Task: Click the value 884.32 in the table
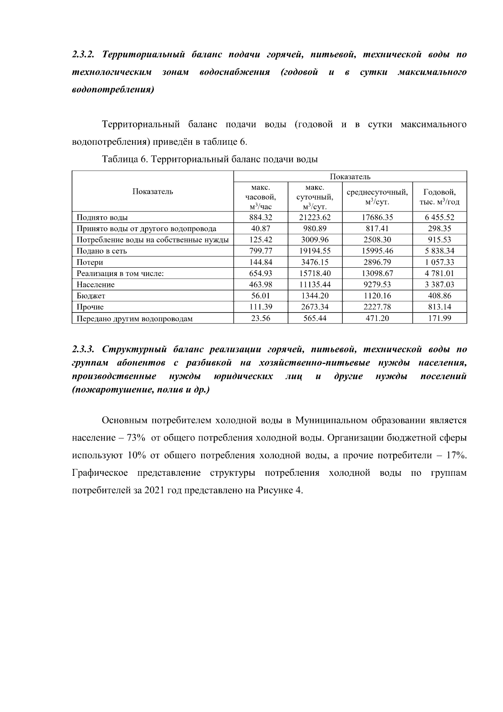point(260,217)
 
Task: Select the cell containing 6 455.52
point(439,217)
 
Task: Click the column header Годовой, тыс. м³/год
point(439,197)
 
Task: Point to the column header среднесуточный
point(377,193)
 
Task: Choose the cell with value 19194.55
point(315,251)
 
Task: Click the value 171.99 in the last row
point(439,318)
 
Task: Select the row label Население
point(96,284)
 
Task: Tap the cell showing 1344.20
point(315,296)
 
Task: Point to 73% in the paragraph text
point(136,438)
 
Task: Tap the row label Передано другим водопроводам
point(135,318)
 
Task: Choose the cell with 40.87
point(260,229)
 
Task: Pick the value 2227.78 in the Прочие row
point(377,307)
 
